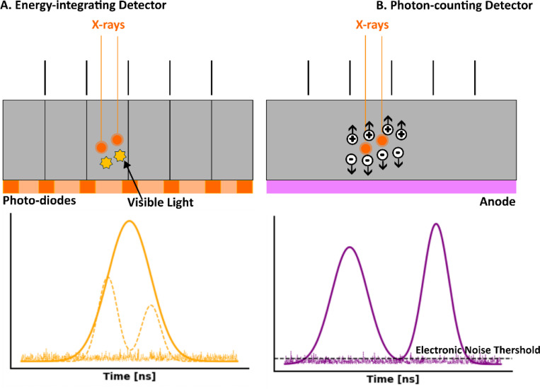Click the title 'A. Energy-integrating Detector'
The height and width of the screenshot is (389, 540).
pyautogui.click(x=84, y=6)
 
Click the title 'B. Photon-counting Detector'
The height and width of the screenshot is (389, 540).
pyautogui.click(x=454, y=6)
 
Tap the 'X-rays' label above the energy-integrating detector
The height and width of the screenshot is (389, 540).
pyautogui.click(x=108, y=25)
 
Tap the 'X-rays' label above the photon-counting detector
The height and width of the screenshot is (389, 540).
pyautogui.click(x=372, y=25)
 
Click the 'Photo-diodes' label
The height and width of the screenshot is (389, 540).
pyautogui.click(x=39, y=200)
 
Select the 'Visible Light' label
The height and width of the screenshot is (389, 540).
pyautogui.click(x=161, y=202)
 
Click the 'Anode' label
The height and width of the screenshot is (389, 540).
pyautogui.click(x=498, y=202)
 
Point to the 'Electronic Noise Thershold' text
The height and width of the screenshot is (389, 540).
pyautogui.click(x=478, y=350)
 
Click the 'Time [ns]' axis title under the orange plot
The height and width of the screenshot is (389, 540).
pyautogui.click(x=130, y=376)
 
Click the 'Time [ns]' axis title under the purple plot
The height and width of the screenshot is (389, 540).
pyautogui.click(x=393, y=379)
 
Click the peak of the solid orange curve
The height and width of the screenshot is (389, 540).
pyautogui.click(x=130, y=221)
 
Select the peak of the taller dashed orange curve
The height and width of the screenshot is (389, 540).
pyautogui.click(x=108, y=277)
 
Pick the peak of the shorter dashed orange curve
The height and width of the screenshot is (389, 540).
pyautogui.click(x=151, y=306)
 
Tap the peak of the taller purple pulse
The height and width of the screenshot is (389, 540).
pyautogui.click(x=436, y=224)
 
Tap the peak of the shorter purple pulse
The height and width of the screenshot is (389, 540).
pyautogui.click(x=350, y=247)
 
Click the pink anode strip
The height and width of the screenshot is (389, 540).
pyautogui.click(x=391, y=187)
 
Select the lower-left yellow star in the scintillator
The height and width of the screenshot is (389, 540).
pyautogui.click(x=106, y=163)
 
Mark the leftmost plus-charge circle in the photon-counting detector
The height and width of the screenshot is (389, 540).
pyautogui.click(x=352, y=139)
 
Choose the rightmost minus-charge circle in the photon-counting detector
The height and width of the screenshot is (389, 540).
pyautogui.click(x=398, y=153)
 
